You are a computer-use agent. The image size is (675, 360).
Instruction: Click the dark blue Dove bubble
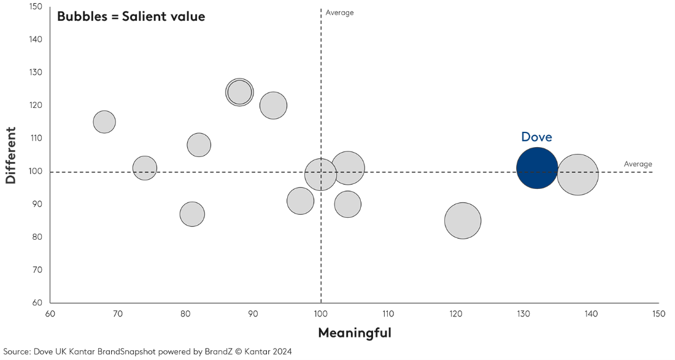tap(537, 169)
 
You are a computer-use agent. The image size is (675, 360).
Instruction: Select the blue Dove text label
tap(536, 137)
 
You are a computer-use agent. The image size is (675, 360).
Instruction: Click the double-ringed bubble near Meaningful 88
tap(239, 93)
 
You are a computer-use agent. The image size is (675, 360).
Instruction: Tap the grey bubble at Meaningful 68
tap(104, 121)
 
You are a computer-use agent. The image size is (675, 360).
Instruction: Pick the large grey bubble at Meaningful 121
tap(463, 221)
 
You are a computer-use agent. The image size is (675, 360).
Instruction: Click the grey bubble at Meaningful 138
tap(577, 175)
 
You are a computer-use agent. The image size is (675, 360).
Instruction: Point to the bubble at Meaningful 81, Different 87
tap(192, 214)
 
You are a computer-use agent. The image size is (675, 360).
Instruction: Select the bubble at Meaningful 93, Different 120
tap(273, 105)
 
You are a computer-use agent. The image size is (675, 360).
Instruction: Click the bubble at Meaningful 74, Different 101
tap(145, 168)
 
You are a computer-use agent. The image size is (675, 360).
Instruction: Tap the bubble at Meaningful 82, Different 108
tap(199, 145)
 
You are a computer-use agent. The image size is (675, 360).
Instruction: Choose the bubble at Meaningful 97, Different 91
tap(300, 201)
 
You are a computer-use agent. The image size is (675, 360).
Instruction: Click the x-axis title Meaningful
tap(354, 333)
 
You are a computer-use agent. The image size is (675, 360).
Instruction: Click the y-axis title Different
tap(10, 155)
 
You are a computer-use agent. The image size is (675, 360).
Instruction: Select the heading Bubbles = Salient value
tap(131, 17)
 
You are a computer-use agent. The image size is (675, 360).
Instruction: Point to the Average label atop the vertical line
tap(339, 13)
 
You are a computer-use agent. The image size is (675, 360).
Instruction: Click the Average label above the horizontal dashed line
tap(638, 164)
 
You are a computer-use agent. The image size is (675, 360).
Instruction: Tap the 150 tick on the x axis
tap(658, 314)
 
